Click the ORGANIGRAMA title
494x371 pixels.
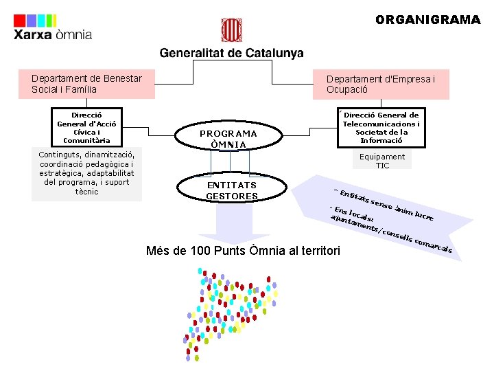[x=427, y=20]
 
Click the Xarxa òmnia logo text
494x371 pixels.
[x=53, y=35]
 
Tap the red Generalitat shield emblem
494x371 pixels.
[x=231, y=31]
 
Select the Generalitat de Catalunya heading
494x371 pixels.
[x=231, y=53]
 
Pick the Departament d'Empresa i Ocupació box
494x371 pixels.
[x=388, y=85]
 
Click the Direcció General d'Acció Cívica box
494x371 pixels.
[x=86, y=128]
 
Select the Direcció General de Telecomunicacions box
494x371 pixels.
[x=381, y=127]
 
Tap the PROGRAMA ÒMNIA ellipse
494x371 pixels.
[x=228, y=139]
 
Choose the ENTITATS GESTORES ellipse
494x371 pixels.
[x=231, y=190]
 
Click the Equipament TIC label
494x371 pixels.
[x=382, y=161]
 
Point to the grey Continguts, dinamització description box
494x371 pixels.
[x=86, y=173]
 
